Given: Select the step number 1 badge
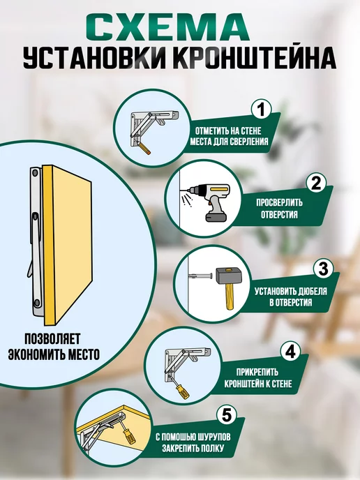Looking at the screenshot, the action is (x=261, y=110).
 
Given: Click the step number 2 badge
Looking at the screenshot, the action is (x=315, y=183).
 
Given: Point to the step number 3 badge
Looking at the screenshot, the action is (x=323, y=268).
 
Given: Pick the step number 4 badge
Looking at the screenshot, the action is (x=290, y=352).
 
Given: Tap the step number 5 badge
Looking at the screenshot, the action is (x=226, y=416).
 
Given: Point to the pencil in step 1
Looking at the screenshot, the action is (x=143, y=149).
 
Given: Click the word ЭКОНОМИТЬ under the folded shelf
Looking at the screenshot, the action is (x=37, y=354).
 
